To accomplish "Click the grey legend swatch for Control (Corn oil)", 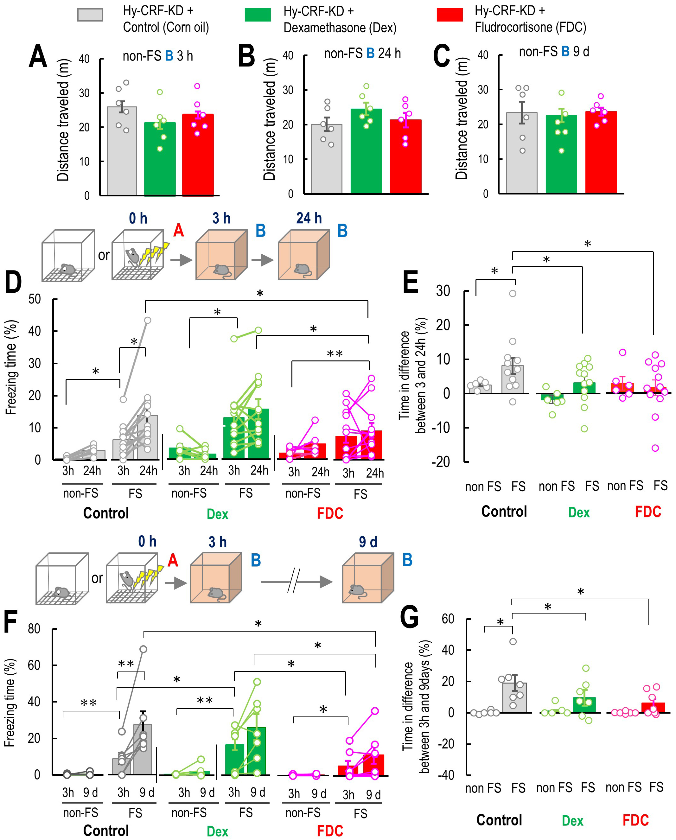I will click(90, 15).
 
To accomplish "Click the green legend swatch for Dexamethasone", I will click(257, 15).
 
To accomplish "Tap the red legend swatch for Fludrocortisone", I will click(450, 15).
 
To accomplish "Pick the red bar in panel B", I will click(405, 156).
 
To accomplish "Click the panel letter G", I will click(409, 617).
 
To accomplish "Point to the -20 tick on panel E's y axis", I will click(440, 462).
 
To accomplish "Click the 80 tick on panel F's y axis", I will click(34, 628).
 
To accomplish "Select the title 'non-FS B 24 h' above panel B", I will click(362, 54).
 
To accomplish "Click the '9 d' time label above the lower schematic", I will click(368, 542).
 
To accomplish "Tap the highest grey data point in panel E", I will click(513, 294).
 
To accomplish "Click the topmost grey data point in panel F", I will click(143, 649).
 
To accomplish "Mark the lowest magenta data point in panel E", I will click(655, 448).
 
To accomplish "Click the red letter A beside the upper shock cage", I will click(178, 230).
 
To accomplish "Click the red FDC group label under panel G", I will click(635, 820).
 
